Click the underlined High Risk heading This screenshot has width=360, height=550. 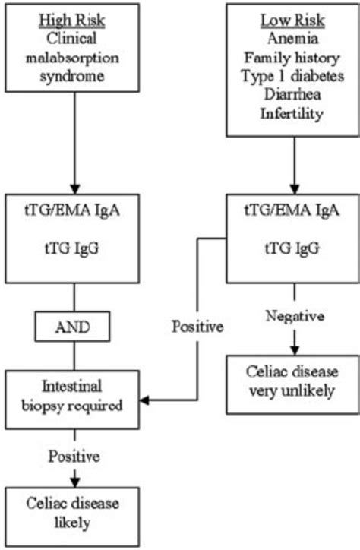74,21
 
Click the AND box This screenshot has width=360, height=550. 74,329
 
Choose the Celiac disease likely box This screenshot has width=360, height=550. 74,514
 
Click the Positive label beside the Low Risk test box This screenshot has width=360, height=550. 197,327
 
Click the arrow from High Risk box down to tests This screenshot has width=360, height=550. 74,152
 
